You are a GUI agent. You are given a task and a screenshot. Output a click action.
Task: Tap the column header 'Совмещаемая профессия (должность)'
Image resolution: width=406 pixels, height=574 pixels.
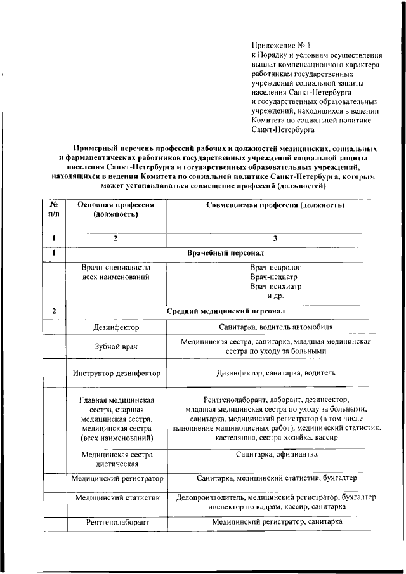click(275, 206)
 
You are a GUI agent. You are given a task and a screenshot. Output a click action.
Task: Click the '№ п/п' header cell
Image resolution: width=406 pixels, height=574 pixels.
click(54, 211)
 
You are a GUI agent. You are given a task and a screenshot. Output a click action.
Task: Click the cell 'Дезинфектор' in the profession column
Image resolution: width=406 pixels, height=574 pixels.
click(115, 328)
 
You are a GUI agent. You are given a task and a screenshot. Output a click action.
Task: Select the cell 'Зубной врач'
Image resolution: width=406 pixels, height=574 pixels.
click(115, 347)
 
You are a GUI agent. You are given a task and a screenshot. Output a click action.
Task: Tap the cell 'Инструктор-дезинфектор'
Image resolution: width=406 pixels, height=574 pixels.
click(115, 374)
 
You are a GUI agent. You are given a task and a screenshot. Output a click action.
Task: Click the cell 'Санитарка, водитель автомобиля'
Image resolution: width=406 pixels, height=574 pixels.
click(275, 327)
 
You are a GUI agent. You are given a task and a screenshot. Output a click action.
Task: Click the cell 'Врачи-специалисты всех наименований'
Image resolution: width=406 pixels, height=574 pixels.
click(115, 272)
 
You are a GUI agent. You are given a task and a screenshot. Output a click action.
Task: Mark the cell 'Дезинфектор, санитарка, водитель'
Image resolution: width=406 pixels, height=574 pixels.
click(275, 374)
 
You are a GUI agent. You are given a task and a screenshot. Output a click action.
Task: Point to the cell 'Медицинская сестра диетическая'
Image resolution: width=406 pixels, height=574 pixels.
click(115, 460)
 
